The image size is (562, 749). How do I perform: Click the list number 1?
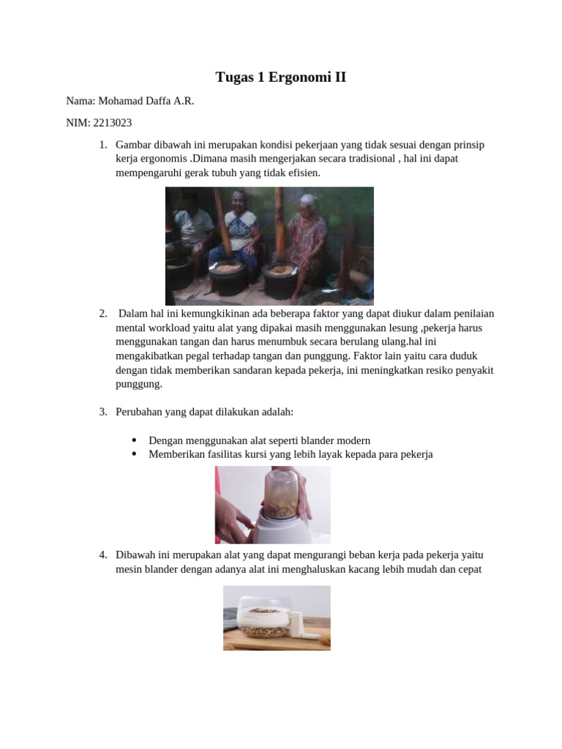point(103,145)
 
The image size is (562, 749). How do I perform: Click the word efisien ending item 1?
point(303,173)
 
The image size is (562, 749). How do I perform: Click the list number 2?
point(103,314)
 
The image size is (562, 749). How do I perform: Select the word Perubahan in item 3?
point(138,412)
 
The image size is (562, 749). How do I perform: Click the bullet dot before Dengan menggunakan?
point(135,440)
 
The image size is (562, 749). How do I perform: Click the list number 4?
point(103,554)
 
